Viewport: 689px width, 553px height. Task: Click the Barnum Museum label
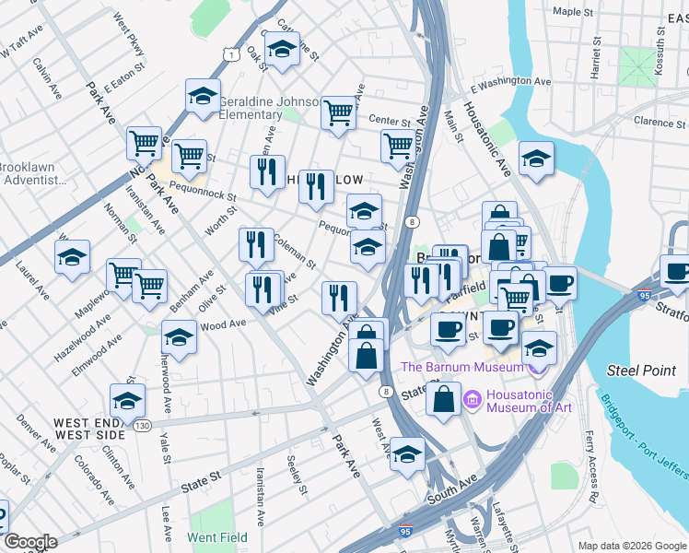click(461, 367)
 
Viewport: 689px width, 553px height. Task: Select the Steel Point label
click(635, 371)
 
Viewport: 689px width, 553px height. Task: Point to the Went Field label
click(216, 536)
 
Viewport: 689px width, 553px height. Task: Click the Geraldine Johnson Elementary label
click(268, 108)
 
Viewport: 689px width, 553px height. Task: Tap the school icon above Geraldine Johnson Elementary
click(203, 95)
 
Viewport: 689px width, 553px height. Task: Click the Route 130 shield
click(142, 425)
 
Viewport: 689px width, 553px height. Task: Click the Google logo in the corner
click(30, 541)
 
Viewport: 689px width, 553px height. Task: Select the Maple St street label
click(572, 12)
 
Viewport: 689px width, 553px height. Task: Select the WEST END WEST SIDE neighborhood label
click(89, 429)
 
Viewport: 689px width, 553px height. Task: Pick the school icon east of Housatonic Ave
click(536, 158)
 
